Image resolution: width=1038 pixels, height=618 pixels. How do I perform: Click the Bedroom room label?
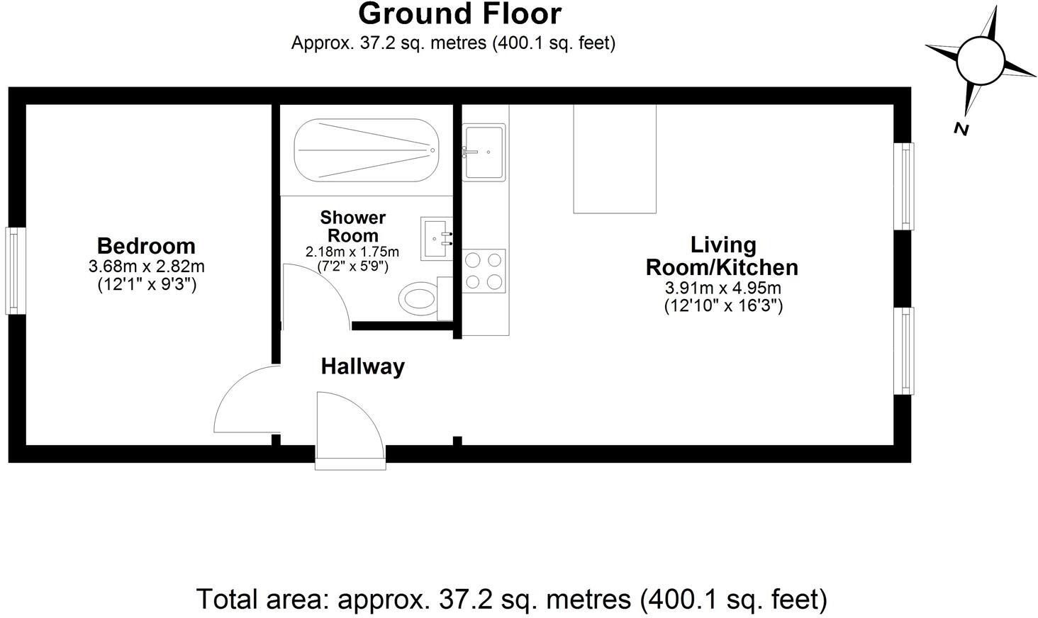(x=146, y=246)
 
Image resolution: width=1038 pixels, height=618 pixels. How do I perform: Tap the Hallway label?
(x=363, y=367)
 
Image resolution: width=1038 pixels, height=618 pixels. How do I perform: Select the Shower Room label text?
(x=352, y=227)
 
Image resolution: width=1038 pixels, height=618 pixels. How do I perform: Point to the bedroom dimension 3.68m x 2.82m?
(x=147, y=267)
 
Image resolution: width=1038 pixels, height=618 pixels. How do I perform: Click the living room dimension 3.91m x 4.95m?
(x=723, y=288)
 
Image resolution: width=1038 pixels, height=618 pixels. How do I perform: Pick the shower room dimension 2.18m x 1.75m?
(x=352, y=252)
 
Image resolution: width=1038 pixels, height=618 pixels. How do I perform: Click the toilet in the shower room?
(x=425, y=298)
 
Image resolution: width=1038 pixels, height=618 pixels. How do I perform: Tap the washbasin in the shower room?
(x=437, y=239)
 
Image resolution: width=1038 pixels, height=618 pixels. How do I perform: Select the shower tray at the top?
(x=367, y=150)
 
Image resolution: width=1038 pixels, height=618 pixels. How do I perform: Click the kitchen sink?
(x=484, y=152)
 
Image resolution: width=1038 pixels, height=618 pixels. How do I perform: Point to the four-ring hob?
(x=484, y=271)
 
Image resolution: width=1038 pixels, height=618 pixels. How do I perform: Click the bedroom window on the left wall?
(x=15, y=271)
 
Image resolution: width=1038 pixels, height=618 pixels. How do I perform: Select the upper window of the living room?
(x=903, y=186)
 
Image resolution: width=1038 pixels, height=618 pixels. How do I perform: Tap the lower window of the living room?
(x=903, y=351)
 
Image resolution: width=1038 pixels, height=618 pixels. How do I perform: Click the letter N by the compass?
(x=961, y=129)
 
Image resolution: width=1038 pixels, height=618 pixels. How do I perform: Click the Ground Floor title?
(x=459, y=13)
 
